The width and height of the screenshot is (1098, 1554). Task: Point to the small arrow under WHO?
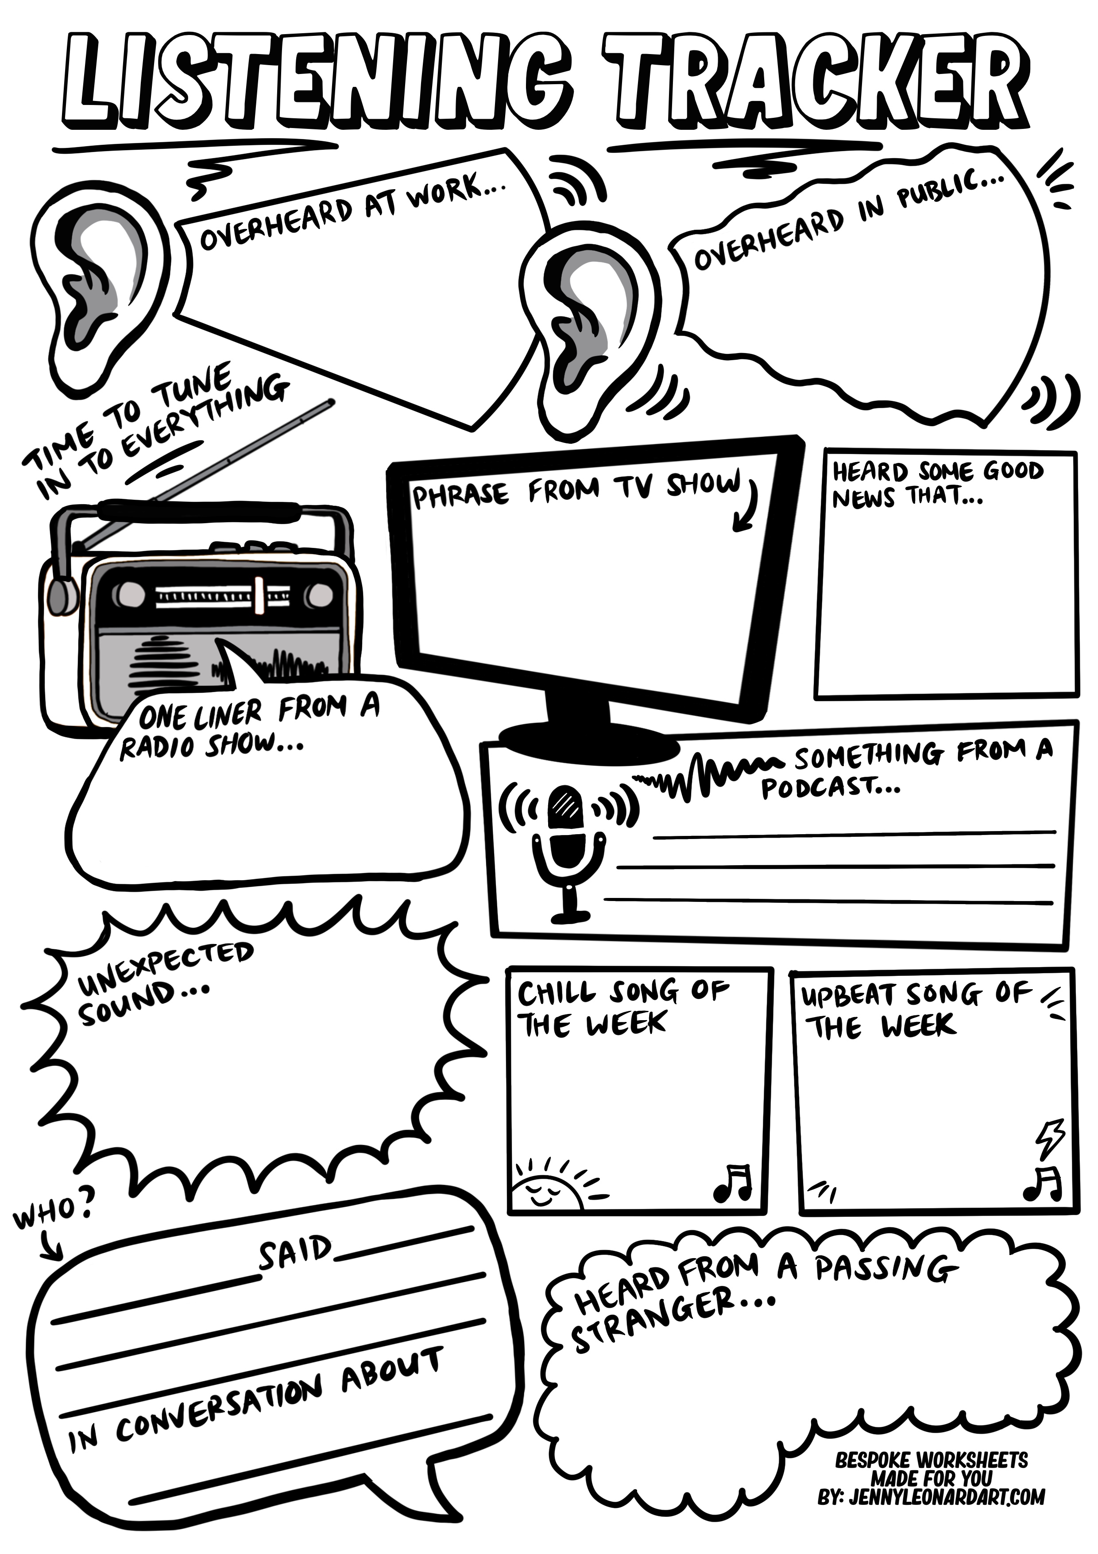pos(51,1245)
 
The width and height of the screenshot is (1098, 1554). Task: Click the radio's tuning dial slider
pos(259,594)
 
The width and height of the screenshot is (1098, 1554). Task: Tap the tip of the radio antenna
pos(330,404)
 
